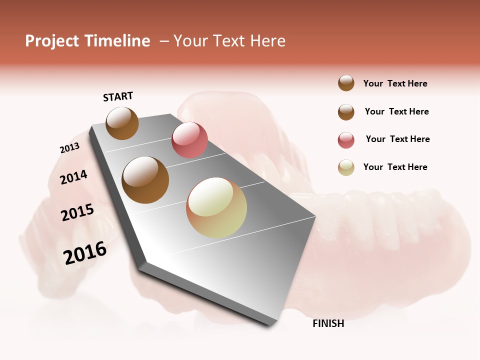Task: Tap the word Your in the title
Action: [191, 41]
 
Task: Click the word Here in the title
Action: [267, 41]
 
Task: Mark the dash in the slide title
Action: [164, 41]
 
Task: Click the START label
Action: [118, 96]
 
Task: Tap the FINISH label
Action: [328, 323]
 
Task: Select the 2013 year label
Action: [69, 148]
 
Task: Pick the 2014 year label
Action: [73, 177]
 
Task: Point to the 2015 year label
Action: [77, 212]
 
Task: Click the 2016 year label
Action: [85, 252]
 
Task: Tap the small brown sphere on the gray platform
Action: [122, 123]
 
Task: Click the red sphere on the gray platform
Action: [189, 139]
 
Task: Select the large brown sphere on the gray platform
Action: [145, 180]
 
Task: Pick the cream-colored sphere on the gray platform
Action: [216, 207]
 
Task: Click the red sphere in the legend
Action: [346, 140]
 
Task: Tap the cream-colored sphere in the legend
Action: [346, 167]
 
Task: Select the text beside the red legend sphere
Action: [397, 139]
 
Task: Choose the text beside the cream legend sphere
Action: [395, 167]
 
